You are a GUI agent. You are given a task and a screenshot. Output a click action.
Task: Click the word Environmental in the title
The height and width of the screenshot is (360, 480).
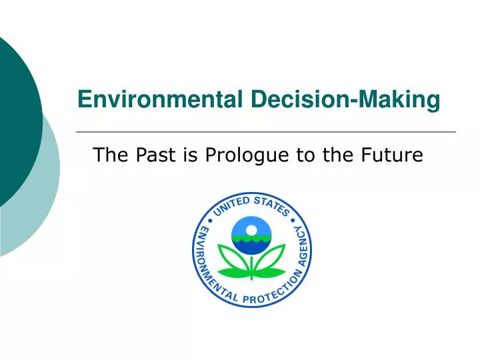pyautogui.click(x=161, y=100)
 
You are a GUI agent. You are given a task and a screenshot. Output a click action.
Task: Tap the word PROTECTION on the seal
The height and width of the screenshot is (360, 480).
pyautogui.click(x=266, y=299)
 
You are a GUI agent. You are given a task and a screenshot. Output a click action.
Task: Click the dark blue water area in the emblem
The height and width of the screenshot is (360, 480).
pyautogui.click(x=251, y=246)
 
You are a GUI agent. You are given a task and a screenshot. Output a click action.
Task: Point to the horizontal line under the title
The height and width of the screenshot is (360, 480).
pyautogui.click(x=267, y=132)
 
